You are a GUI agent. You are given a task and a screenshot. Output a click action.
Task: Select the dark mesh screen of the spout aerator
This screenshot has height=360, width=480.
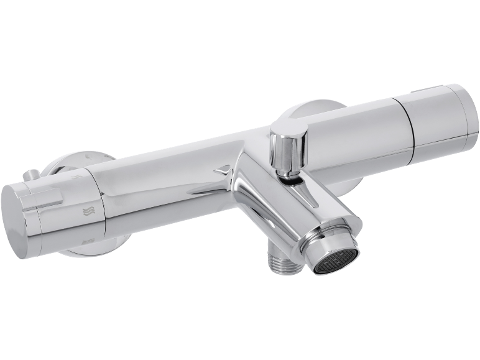point(336,261)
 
